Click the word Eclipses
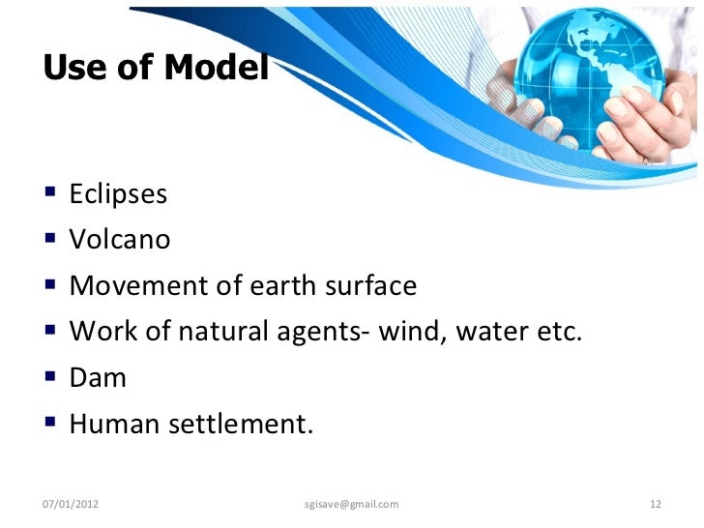click(x=118, y=194)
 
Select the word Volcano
click(x=119, y=240)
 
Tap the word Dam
click(x=98, y=377)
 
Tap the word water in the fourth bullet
click(x=492, y=332)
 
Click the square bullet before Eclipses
click(x=50, y=194)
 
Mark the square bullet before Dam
click(x=50, y=377)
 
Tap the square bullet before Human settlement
click(x=50, y=424)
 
